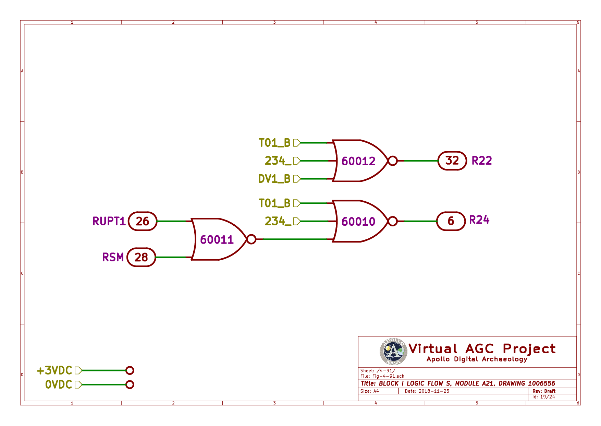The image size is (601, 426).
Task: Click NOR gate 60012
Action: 358,161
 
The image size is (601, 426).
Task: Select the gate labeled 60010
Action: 358,221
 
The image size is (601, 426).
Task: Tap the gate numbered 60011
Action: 217,239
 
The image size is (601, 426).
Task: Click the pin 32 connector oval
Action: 452,161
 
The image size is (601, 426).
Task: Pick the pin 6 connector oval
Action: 451,221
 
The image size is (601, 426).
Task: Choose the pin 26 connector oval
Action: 143,221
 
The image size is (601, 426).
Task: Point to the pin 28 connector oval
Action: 141,257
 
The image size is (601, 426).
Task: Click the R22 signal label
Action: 481,161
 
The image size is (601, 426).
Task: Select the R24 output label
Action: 479,220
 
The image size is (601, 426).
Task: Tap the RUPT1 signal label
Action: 109,221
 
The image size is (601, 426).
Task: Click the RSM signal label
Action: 113,257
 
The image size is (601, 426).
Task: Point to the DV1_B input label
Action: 274,179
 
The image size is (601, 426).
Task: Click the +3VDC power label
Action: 54,370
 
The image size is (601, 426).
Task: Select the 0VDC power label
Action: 59,384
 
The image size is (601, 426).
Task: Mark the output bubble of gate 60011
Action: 251,239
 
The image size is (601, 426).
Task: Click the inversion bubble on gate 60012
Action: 393,161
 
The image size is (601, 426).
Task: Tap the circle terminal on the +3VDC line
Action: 130,370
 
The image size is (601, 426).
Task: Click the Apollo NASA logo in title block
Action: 393,352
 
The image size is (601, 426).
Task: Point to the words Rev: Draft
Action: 544,391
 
